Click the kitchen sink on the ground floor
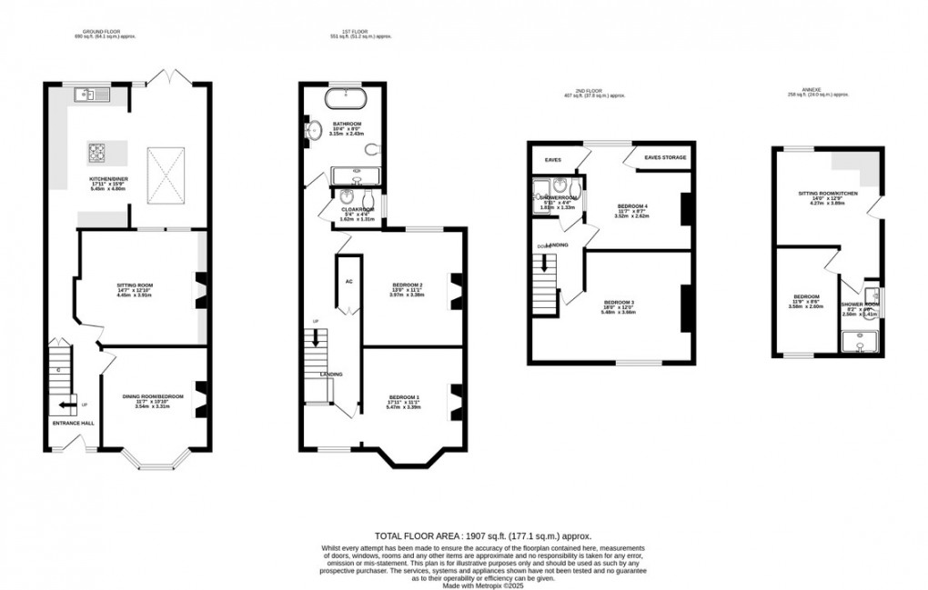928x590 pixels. tap(94, 94)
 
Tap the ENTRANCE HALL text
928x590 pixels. tap(72, 423)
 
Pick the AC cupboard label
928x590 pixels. tap(348, 281)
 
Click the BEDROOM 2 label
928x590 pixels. tap(406, 285)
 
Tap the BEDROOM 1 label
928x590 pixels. tap(405, 397)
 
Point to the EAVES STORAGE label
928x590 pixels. tap(665, 158)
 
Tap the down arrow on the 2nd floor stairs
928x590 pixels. tap(545, 264)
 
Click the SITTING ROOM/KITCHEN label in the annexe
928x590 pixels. tap(821, 194)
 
